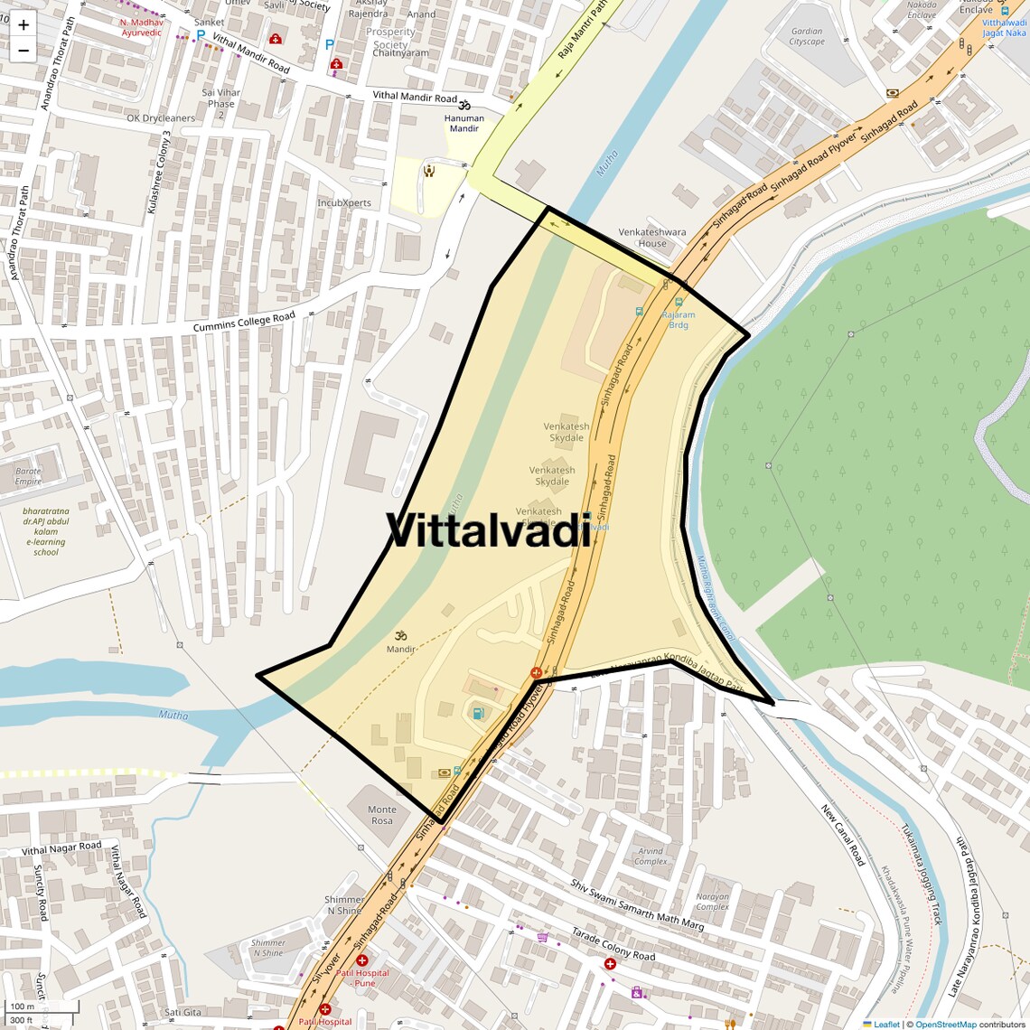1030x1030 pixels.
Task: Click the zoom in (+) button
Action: click(23, 24)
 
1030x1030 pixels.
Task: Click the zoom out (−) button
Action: click(23, 51)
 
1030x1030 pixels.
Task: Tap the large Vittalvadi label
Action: click(489, 530)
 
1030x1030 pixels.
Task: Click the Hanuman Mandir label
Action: click(464, 123)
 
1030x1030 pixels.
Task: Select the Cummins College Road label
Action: click(244, 321)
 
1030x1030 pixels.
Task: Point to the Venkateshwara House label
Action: click(651, 238)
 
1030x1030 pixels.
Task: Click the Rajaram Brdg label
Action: click(679, 320)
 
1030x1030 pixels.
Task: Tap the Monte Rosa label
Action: click(381, 815)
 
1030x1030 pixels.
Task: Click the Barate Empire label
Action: click(28, 476)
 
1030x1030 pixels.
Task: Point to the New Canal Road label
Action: click(843, 835)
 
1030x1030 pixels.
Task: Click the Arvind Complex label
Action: click(651, 856)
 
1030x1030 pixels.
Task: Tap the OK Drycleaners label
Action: click(161, 118)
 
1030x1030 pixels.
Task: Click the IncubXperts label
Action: click(344, 203)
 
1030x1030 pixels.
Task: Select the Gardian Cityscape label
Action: click(807, 37)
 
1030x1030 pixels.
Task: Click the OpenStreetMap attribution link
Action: click(945, 1024)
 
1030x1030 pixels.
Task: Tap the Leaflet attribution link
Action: click(886, 1024)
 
